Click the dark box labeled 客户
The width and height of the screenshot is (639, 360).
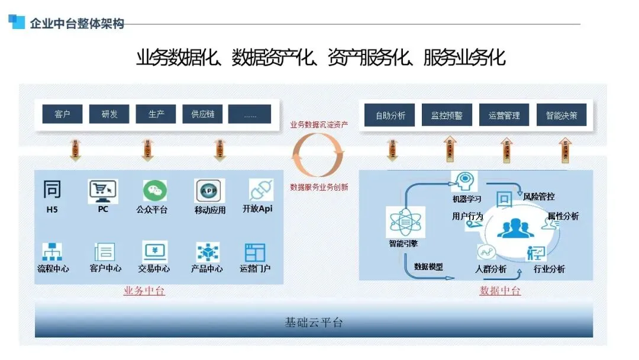pos(62,114)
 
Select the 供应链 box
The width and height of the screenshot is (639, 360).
pos(202,114)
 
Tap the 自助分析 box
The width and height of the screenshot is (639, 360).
pos(390,115)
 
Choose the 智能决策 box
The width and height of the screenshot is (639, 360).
pos(561,115)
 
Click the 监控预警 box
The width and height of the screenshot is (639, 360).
pos(447,115)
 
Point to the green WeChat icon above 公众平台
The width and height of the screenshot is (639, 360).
pos(154,191)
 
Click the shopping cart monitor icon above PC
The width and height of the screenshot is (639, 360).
pos(103,191)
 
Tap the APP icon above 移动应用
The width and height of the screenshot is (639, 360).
pos(209,191)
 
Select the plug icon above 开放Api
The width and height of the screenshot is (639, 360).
pos(261,190)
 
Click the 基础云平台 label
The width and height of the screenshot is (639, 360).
pos(314,323)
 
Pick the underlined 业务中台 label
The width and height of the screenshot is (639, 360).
pos(144,291)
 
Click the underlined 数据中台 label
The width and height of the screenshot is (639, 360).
pos(500,291)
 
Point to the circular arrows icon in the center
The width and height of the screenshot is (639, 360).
pos(318,155)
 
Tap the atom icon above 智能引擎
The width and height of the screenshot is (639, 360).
pos(403,221)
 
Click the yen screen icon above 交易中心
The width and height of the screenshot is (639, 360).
pos(154,252)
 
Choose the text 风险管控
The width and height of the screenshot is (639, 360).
pos(538,197)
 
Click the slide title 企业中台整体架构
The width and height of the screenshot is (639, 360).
pos(77,24)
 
